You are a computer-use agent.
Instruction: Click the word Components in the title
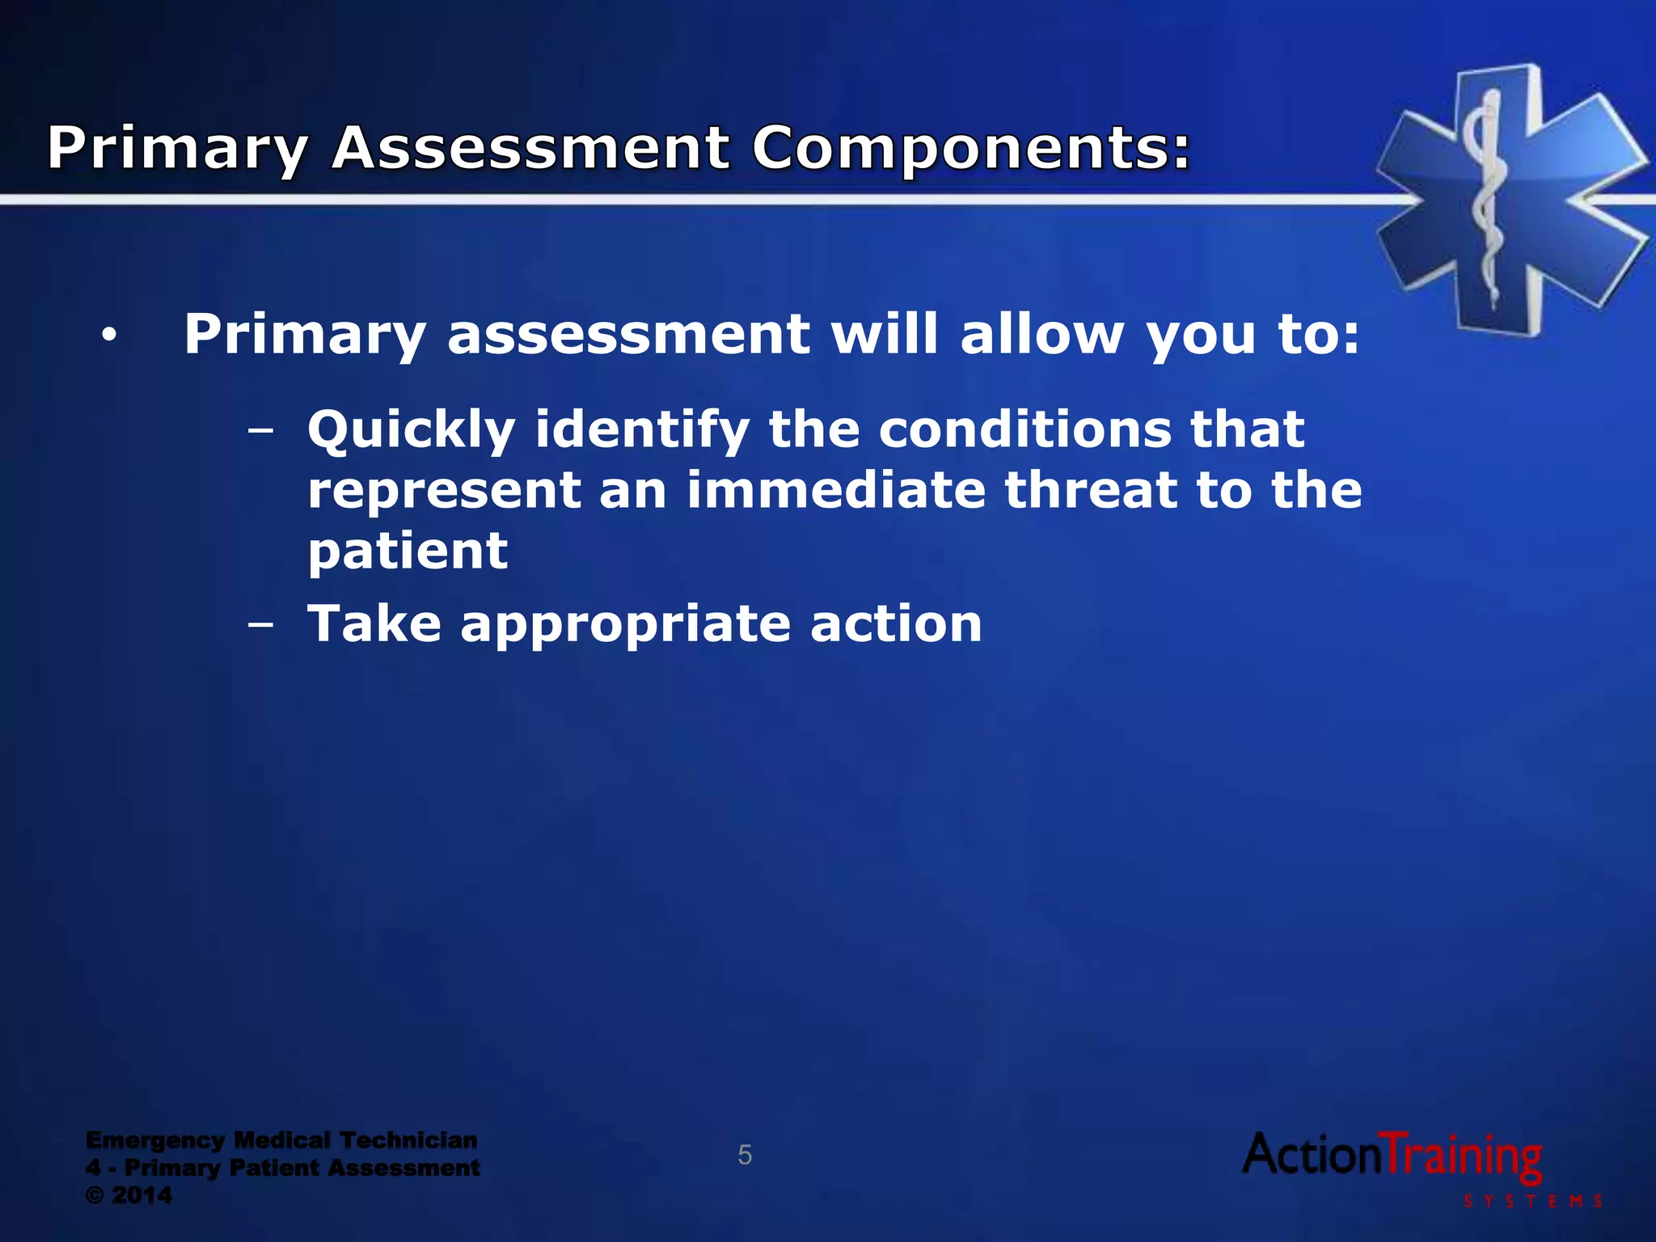[970, 150]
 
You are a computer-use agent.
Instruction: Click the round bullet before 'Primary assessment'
[110, 335]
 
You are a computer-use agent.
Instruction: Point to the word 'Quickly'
[411, 430]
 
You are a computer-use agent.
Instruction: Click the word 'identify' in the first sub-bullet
[642, 430]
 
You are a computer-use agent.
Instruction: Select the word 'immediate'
[836, 491]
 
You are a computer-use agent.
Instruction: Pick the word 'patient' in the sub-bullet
[408, 551]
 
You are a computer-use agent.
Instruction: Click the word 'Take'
[374, 624]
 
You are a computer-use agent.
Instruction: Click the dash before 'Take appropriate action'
[260, 625]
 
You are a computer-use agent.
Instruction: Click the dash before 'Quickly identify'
[260, 430]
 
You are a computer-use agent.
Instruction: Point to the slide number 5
[745, 1155]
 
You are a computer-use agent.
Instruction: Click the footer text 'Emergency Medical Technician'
[281, 1140]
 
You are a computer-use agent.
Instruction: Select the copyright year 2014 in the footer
[142, 1195]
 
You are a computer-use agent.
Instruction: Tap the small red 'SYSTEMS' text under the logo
[1533, 1202]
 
